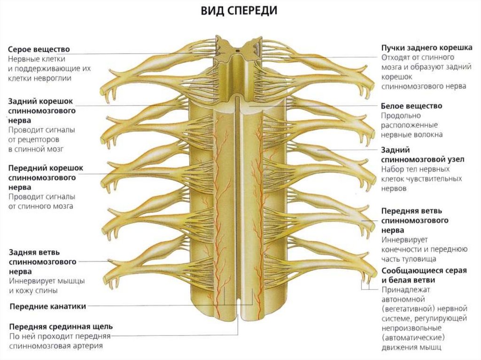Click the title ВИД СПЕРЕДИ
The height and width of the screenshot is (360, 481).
pos(239,11)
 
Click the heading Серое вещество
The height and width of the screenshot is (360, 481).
pos(39,49)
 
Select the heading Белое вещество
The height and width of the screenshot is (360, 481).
pos(411,106)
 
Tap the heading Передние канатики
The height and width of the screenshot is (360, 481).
pos(47,306)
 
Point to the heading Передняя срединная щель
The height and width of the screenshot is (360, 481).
pos(61,326)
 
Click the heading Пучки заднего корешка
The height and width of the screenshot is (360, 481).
pos(427,48)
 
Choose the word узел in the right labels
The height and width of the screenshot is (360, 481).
pos(454,160)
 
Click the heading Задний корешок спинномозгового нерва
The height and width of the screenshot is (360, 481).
pos(42,110)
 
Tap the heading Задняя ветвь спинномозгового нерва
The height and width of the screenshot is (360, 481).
pos(42,261)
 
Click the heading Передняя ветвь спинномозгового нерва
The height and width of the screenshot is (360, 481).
pos(414,220)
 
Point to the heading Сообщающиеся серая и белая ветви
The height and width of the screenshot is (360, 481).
pos(423,275)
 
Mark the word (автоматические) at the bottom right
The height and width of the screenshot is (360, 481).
pos(413,338)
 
